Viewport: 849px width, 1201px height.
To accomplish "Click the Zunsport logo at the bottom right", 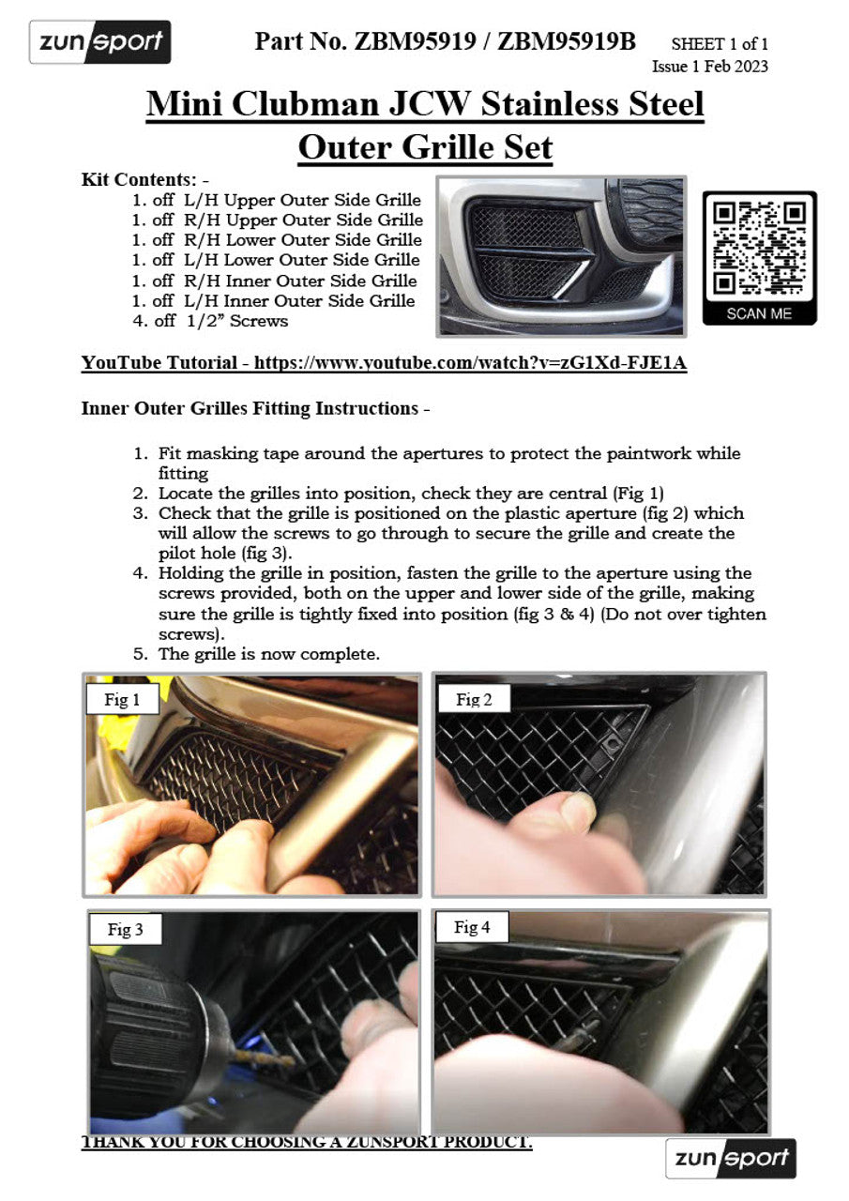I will click(731, 1159).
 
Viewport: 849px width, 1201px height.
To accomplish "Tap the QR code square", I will click(759, 247).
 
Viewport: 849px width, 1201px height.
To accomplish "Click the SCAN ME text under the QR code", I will click(759, 314).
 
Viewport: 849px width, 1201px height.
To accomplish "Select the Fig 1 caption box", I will click(122, 700).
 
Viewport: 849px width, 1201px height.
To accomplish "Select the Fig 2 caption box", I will click(474, 699).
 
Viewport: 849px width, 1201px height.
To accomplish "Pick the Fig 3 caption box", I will click(125, 930).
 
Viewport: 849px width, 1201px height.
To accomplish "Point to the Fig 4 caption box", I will click(472, 928).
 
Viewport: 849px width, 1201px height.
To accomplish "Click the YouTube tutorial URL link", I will click(470, 363).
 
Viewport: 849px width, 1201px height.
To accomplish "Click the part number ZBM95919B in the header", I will click(567, 41).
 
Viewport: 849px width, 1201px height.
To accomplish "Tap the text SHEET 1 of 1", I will click(720, 44).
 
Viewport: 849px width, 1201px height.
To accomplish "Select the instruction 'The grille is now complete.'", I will click(268, 654).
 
